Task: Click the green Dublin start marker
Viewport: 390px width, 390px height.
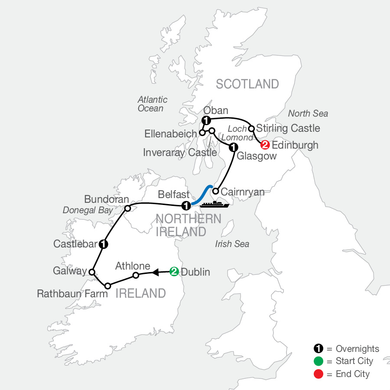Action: pos(174,272)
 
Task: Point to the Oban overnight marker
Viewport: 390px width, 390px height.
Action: pos(206,120)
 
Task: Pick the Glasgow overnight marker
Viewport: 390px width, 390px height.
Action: pos(233,147)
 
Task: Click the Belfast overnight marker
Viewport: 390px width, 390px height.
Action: pos(186,205)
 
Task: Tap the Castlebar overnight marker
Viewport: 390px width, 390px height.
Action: pos(103,244)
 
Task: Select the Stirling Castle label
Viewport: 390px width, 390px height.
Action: pos(288,128)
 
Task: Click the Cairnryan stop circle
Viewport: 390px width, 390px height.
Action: pos(215,190)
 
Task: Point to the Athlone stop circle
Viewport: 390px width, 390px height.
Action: pos(136,275)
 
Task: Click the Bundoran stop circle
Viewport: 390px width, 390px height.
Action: pos(127,208)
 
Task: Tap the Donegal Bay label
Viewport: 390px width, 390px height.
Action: pos(88,211)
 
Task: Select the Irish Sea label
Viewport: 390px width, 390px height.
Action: pos(232,244)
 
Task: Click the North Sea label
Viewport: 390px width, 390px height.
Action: pos(308,114)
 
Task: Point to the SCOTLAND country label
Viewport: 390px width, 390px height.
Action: pos(247,84)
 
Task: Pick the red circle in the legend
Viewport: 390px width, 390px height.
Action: pos(318,374)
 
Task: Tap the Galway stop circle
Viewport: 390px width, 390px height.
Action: pos(92,272)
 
